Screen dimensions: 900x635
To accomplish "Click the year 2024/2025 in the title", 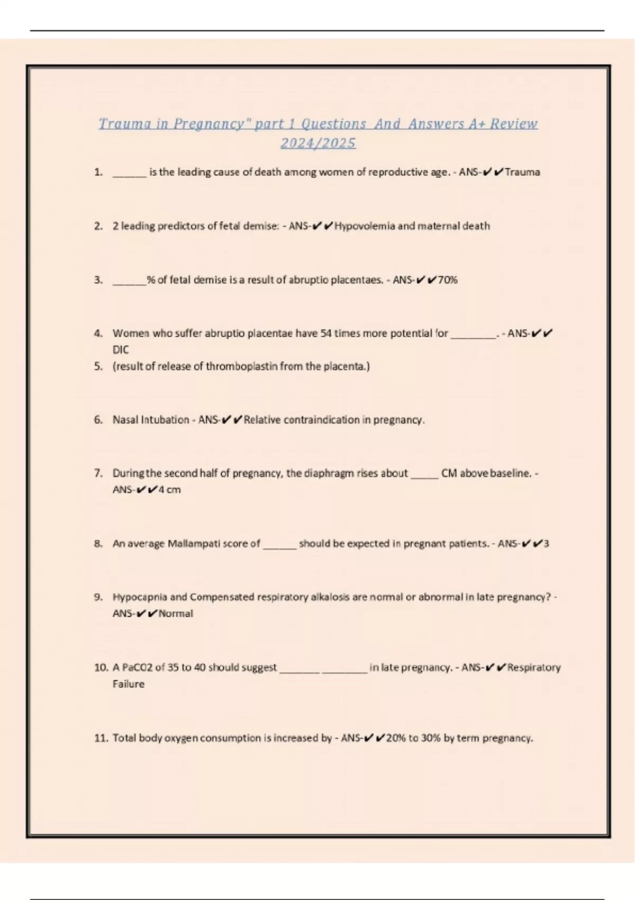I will tap(318, 143).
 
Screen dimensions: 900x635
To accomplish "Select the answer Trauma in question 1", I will tap(522, 172).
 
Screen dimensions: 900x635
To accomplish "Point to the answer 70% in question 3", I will tap(448, 280).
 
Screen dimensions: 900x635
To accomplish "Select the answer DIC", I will tap(121, 350).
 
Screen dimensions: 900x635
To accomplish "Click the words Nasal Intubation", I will tap(151, 420).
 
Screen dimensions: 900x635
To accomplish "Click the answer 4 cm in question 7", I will tap(169, 490).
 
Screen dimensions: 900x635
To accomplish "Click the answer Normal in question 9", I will tap(176, 614).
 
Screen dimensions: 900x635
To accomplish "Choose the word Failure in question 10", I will tap(128, 684).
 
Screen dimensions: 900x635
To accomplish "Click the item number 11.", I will tap(101, 738).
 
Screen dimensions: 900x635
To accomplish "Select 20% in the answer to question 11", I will tap(395, 738).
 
